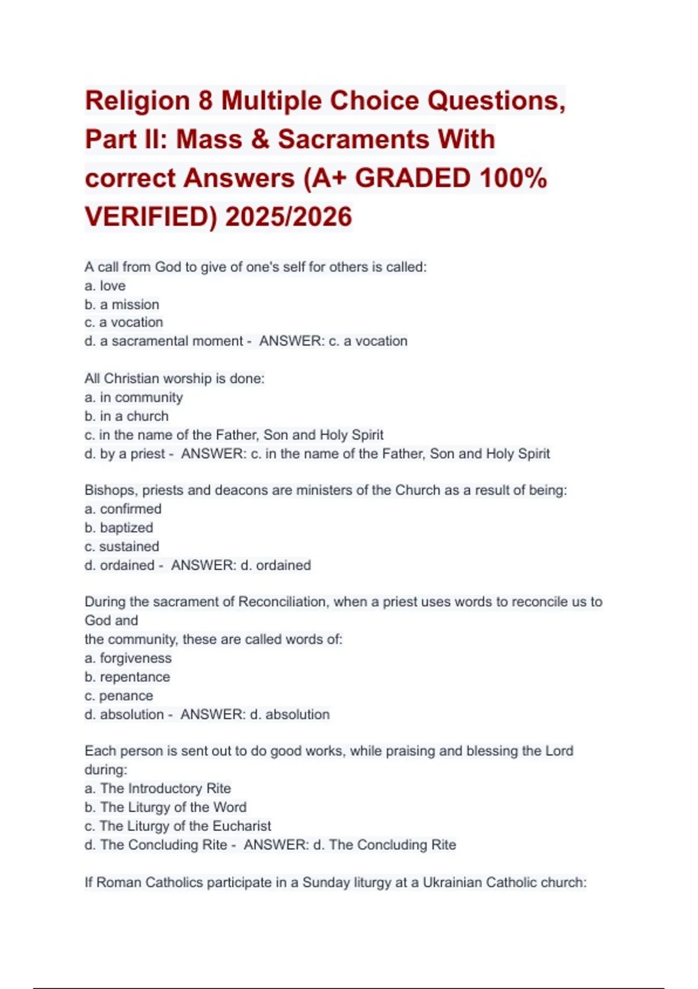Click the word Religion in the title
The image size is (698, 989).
point(137,101)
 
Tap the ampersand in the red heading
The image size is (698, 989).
point(259,140)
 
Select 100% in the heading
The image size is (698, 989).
point(512,178)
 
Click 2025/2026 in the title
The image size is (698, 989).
point(289,217)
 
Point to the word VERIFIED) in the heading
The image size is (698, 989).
point(151,217)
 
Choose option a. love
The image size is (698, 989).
point(105,286)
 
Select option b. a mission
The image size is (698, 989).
point(122,304)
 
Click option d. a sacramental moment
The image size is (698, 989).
point(163,341)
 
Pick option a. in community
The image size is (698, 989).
point(134,397)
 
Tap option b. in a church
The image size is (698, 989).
point(127,416)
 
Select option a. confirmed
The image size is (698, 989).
point(123,509)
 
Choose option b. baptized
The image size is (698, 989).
point(119,528)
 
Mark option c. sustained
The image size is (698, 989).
point(122,546)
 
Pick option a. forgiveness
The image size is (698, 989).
point(128,658)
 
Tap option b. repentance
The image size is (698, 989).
point(127,677)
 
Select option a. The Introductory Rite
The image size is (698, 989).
point(158,788)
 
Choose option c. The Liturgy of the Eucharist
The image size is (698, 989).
point(178,826)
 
